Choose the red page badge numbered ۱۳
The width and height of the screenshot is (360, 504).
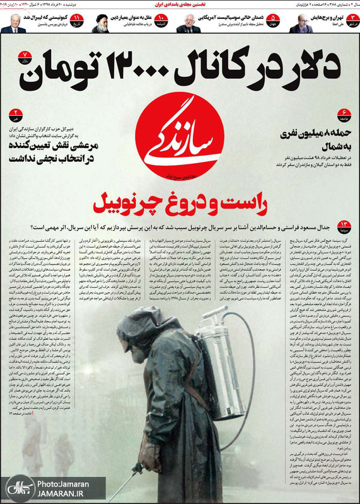[x=344, y=225]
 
